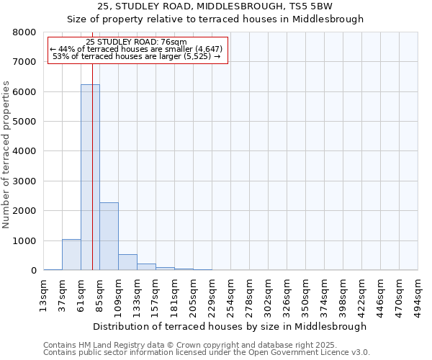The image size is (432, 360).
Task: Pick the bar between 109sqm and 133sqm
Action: click(127, 262)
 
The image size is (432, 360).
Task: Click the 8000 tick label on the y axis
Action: click(24, 32)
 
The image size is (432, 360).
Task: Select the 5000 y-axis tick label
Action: click(24, 122)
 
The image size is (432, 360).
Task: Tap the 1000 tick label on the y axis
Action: click(24, 240)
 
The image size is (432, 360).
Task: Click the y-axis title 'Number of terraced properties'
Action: click(6, 155)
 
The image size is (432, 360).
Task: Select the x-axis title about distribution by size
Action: click(230, 326)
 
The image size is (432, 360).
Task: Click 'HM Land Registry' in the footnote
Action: click(118, 345)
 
